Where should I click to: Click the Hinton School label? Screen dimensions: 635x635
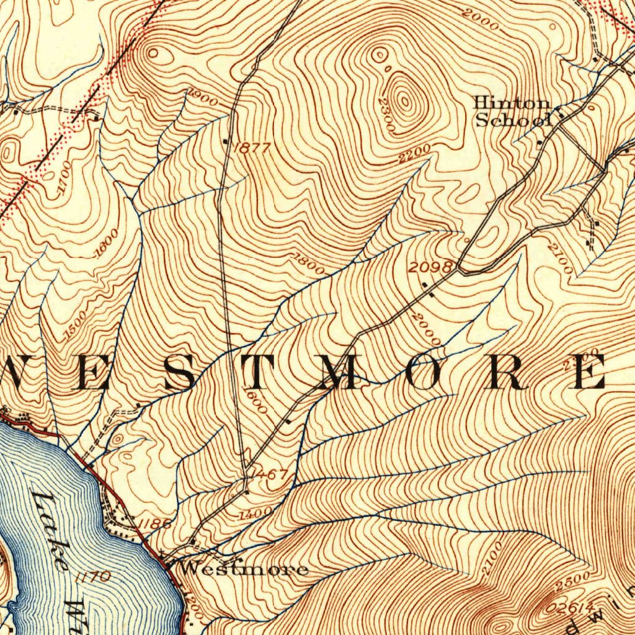(512, 112)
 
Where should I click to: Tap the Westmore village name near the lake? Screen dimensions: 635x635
(244, 569)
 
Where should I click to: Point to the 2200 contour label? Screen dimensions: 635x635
(414, 153)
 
